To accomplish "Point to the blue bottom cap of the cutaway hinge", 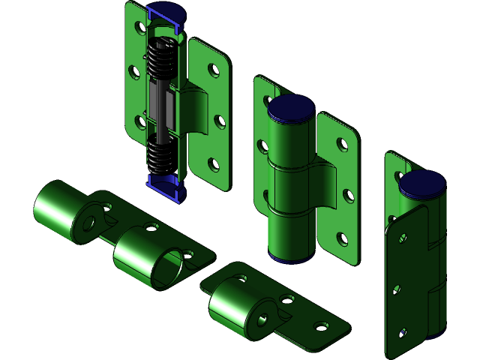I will pos(164,187).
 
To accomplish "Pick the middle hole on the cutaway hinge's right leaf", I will pos(218,120).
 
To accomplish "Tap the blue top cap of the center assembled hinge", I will pos(292,108).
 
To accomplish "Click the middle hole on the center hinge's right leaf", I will pos(348,195).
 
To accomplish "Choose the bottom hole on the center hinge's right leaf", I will pos(343,239).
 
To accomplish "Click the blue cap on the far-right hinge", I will pos(422,183).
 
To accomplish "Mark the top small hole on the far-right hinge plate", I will pos(403,239).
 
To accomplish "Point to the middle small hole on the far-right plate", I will pos(398,287).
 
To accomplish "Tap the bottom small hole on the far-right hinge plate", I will pos(403,331).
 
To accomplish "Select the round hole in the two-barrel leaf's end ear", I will pos(89,223).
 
